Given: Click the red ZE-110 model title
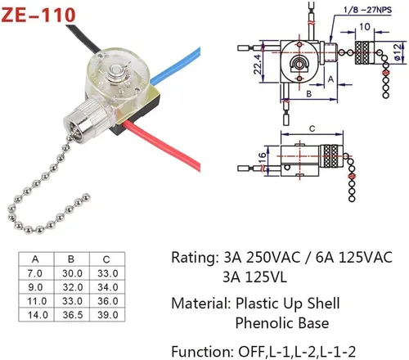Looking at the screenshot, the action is (38, 15).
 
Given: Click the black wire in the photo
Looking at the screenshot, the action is (83, 38).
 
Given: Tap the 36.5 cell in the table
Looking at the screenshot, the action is (73, 315).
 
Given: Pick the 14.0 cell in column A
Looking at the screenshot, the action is (38, 315).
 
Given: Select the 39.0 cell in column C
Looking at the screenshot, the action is (108, 315).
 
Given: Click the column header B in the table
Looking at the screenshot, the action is (71, 259).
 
